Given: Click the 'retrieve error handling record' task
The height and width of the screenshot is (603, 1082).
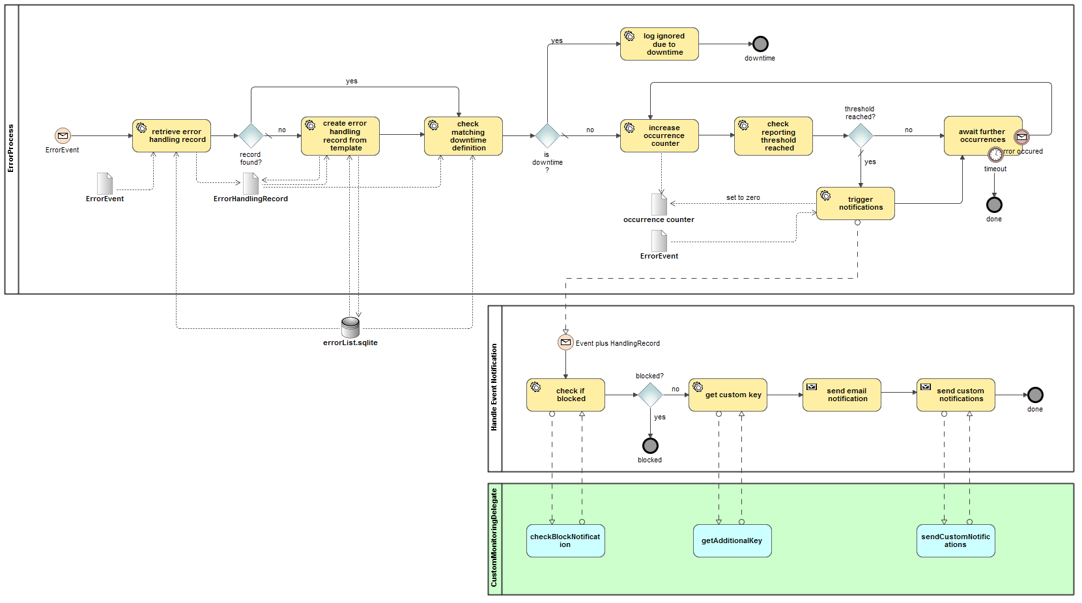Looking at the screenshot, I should point(171,135).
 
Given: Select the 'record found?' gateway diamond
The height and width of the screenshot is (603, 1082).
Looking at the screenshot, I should point(251,135).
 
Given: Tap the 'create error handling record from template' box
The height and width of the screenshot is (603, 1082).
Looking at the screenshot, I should point(340,135).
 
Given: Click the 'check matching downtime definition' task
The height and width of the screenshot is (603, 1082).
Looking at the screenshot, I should point(463,135).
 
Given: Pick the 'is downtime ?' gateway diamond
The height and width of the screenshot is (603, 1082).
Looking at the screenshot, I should point(547,135).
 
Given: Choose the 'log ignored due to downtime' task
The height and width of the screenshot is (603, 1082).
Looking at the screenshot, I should point(659,44).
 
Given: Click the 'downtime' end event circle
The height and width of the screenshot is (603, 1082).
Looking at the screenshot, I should point(760,44).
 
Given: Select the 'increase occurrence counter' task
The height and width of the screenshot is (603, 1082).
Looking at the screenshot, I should point(659,135).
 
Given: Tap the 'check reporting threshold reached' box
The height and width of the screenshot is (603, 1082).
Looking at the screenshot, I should point(773,135).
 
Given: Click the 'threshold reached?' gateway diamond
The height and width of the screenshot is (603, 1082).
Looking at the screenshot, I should point(861,135).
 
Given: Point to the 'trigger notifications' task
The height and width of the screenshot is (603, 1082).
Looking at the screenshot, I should point(855,203).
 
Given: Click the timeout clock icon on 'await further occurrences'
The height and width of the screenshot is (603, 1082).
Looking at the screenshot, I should point(995,154).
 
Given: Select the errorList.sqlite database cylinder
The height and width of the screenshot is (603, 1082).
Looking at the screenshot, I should point(350,326).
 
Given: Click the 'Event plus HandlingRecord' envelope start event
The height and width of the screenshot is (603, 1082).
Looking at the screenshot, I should point(565,343).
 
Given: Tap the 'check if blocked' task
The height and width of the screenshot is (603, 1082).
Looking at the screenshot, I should point(565,395).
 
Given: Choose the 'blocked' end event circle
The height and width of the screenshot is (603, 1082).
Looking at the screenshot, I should point(650,445).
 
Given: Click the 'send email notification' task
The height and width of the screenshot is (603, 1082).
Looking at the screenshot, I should point(842,395).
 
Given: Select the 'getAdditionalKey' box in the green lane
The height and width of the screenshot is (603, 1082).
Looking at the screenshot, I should point(732,540).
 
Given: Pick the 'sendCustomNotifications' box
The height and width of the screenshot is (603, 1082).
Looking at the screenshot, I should point(956,540).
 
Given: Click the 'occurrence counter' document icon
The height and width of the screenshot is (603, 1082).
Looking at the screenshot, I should point(659,204).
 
